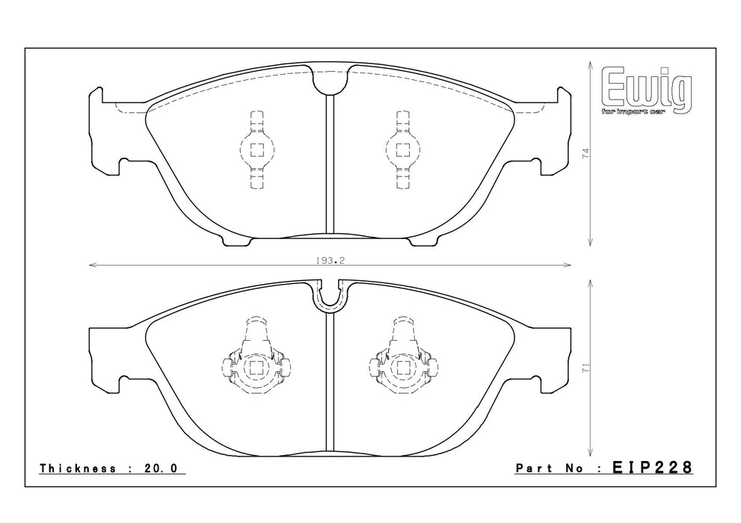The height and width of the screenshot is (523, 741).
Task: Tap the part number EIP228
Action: pyautogui.click(x=652, y=468)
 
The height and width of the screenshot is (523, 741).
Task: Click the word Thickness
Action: pyautogui.click(x=78, y=468)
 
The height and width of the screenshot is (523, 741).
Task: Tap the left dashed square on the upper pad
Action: pyautogui.click(x=257, y=150)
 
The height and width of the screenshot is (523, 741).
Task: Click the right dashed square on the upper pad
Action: pyautogui.click(x=402, y=150)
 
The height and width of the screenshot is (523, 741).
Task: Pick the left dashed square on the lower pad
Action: pyautogui.click(x=257, y=368)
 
